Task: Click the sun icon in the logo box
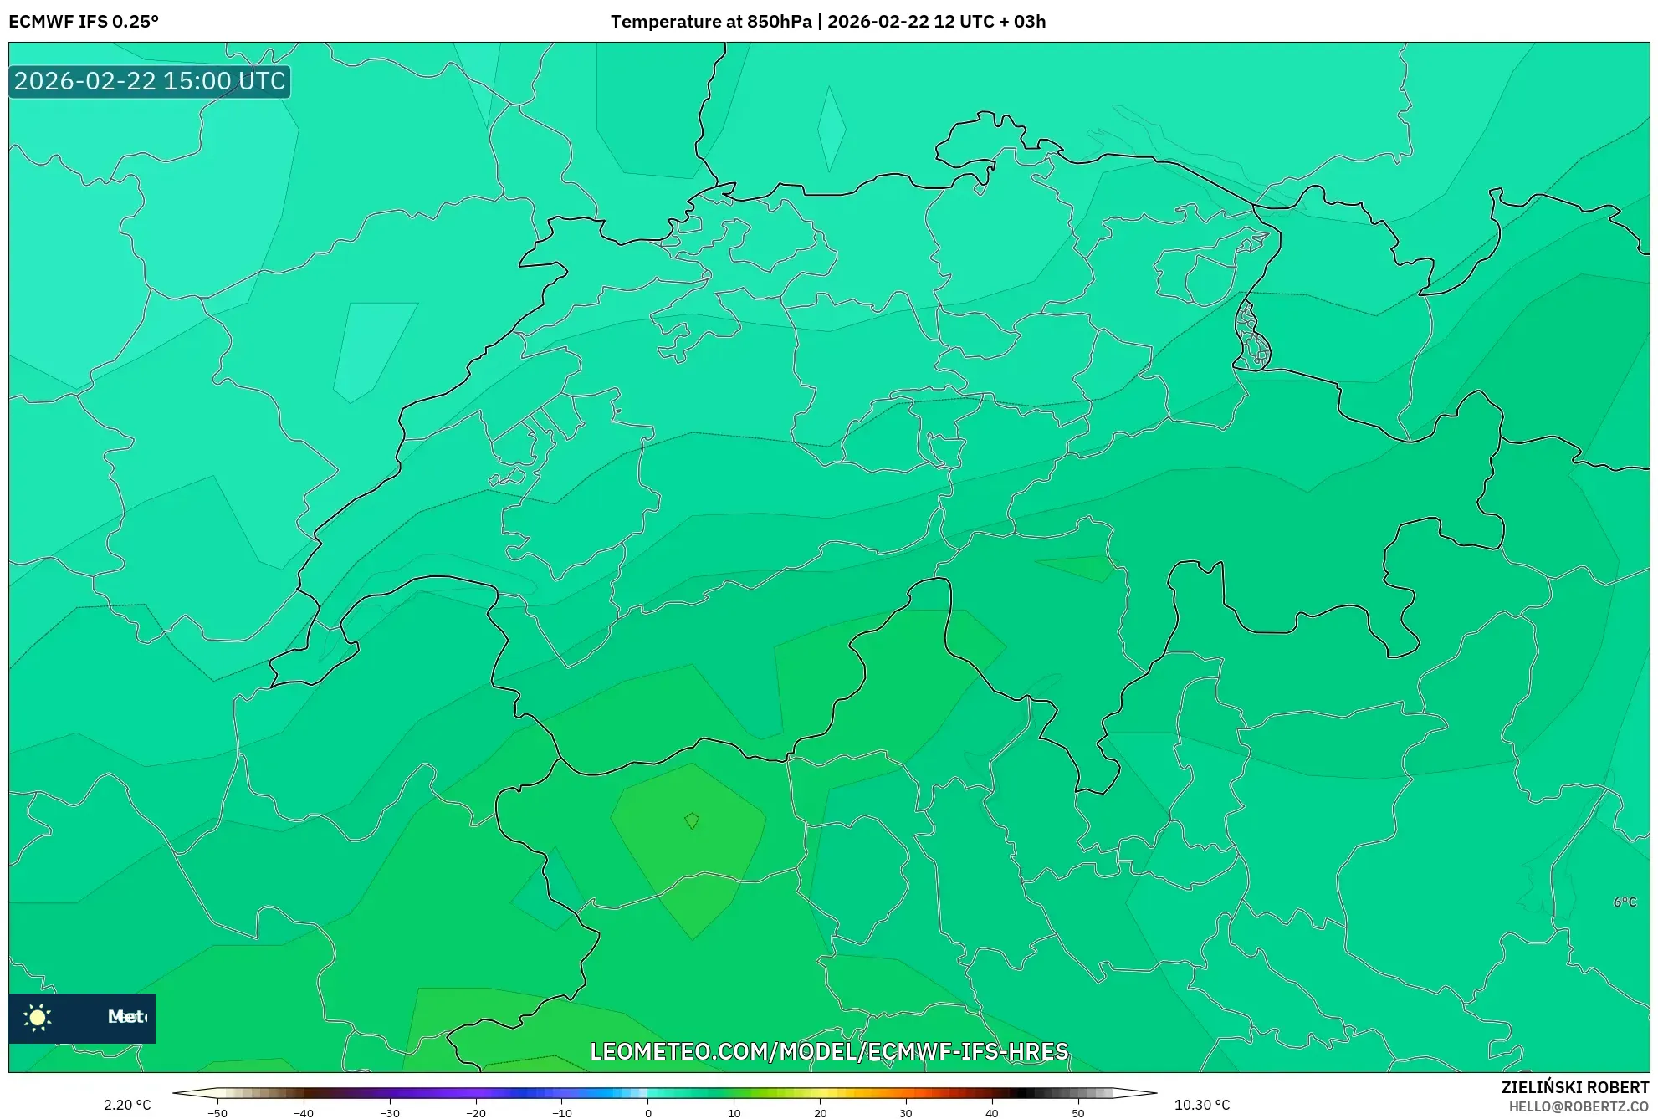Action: (x=38, y=1017)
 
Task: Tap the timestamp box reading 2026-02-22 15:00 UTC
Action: (x=150, y=81)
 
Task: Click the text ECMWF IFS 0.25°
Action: (x=84, y=22)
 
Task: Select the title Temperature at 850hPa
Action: (x=710, y=22)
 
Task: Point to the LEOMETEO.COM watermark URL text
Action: (x=829, y=1051)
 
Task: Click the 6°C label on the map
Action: (x=1625, y=902)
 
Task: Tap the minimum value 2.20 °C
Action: (x=127, y=1105)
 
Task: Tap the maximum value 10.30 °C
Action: (x=1202, y=1105)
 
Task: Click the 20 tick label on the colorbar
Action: (x=820, y=1113)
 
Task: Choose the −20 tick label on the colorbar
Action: (x=475, y=1113)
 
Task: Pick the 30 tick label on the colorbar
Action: (x=906, y=1113)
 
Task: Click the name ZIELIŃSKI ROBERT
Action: (x=1574, y=1087)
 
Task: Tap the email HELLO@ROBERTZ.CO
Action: (x=1579, y=1106)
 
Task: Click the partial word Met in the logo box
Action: (x=126, y=1017)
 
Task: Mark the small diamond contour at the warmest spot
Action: (x=692, y=820)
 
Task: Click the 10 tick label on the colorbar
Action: (x=734, y=1113)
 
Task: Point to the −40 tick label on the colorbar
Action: (x=304, y=1113)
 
